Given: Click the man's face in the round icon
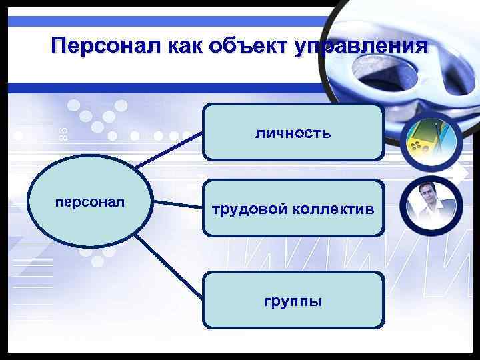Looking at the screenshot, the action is [427, 195].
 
